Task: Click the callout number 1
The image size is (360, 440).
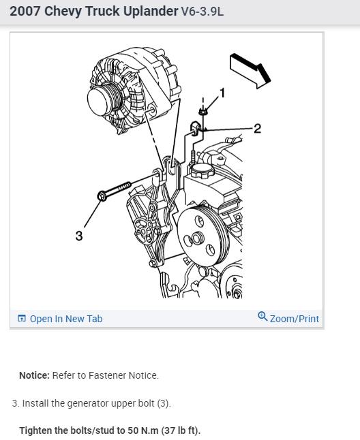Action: (x=222, y=93)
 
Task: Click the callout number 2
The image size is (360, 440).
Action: (x=257, y=129)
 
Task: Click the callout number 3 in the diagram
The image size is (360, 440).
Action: (x=79, y=236)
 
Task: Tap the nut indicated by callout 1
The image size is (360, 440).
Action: (x=202, y=112)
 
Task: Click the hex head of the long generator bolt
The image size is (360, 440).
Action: (x=102, y=195)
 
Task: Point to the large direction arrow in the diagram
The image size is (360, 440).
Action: (x=250, y=70)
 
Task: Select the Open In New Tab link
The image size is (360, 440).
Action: (x=66, y=319)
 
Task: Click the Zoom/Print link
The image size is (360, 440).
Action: (x=295, y=319)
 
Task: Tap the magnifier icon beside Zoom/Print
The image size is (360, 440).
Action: (x=262, y=317)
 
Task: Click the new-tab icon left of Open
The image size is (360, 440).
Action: (x=22, y=318)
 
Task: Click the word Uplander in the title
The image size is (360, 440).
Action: (x=151, y=12)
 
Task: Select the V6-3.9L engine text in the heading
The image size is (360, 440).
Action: (x=202, y=12)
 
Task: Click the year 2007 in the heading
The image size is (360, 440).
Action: (x=25, y=12)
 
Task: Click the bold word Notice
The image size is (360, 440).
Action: (x=34, y=375)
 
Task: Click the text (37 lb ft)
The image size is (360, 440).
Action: (x=181, y=430)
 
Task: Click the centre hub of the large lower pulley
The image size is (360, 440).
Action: (x=196, y=239)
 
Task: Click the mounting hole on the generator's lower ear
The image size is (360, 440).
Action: (x=153, y=111)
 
